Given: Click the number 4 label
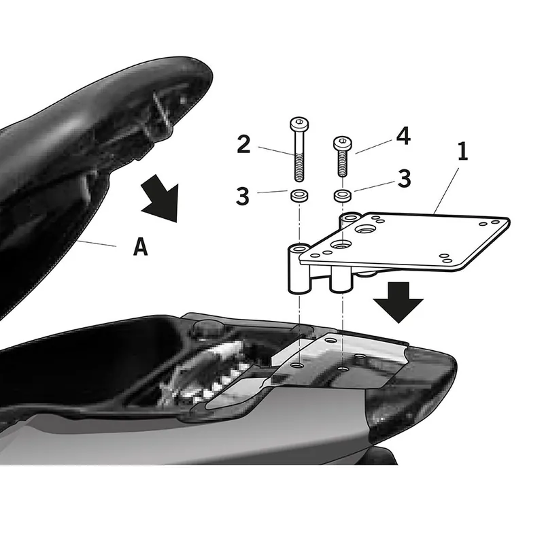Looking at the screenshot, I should point(403,136).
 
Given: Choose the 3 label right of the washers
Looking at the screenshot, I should point(404,180).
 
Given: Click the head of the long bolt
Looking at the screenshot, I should point(298,124).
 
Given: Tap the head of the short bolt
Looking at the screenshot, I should point(341,143).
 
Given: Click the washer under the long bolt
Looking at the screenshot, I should point(298,196).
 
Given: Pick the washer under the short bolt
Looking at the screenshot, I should point(342,196).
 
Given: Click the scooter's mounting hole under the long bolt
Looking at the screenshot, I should point(298,365).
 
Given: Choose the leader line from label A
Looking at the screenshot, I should point(102,245).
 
